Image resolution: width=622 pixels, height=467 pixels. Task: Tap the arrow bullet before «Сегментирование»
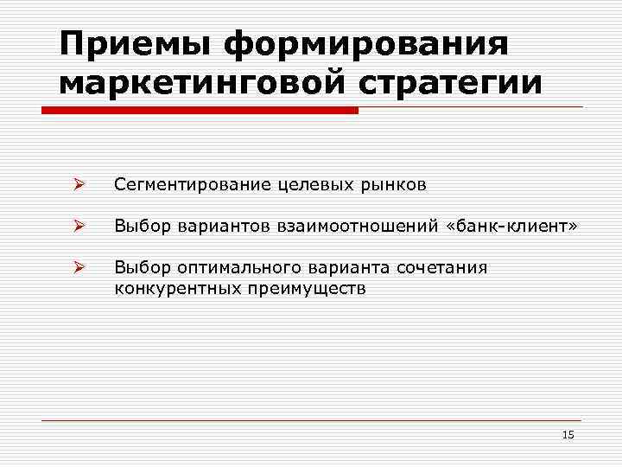(x=78, y=185)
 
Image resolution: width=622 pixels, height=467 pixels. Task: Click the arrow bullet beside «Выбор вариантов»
(x=78, y=227)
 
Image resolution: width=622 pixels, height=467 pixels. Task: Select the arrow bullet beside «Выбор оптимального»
(x=78, y=268)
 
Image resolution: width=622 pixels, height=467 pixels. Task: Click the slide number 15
(x=568, y=434)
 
